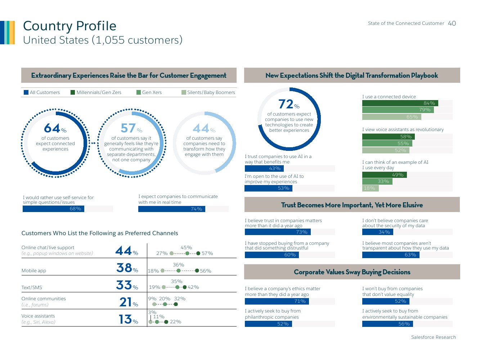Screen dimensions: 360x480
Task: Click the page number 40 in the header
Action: click(x=452, y=23)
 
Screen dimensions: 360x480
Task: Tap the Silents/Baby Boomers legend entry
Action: click(x=208, y=93)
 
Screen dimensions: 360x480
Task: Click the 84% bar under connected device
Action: click(x=400, y=103)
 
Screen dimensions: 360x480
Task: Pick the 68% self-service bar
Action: click(x=53, y=209)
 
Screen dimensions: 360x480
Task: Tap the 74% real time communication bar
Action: click(x=171, y=209)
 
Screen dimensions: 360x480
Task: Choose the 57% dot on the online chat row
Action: click(x=198, y=253)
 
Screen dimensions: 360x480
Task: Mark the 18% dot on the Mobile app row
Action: click(x=163, y=271)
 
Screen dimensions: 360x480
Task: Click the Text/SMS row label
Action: click(x=32, y=288)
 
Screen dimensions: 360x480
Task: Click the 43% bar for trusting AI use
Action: click(x=264, y=168)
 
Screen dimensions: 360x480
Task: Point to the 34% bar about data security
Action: click(x=377, y=232)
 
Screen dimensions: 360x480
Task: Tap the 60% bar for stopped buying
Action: click(x=272, y=255)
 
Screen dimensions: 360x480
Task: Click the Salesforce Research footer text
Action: click(x=433, y=337)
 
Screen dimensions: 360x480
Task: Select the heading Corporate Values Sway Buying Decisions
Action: click(x=352, y=272)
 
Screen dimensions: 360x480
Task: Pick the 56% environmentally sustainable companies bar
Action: click(x=387, y=324)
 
